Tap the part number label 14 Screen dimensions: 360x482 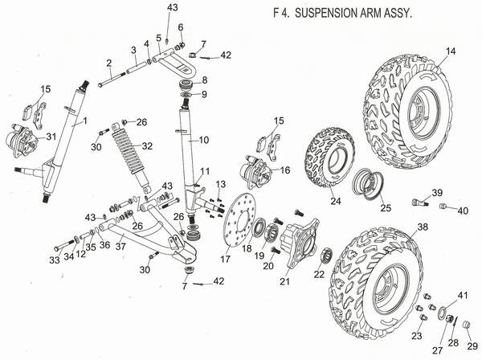(450, 51)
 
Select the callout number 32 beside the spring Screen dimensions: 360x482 (147, 146)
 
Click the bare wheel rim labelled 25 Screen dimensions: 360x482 (372, 180)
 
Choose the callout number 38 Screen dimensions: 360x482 (423, 227)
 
